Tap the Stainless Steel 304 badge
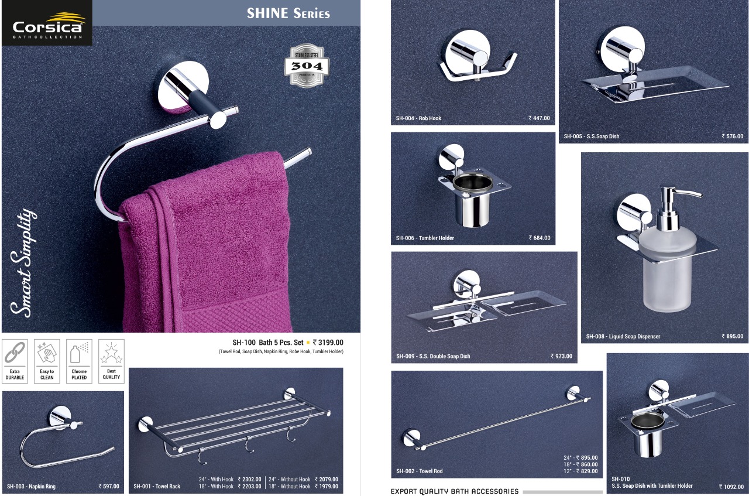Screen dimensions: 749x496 click(307, 65)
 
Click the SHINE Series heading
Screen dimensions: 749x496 click(288, 13)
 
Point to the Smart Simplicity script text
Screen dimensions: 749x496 click(23, 263)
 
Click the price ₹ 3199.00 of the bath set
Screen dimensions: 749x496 click(328, 343)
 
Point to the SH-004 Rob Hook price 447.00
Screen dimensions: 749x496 click(539, 118)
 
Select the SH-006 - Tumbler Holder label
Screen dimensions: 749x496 click(425, 238)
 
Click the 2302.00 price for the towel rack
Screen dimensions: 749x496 click(249, 479)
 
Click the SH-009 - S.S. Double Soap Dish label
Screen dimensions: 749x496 click(433, 356)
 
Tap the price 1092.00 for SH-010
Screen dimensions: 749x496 click(731, 487)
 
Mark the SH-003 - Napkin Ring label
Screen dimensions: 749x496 click(31, 486)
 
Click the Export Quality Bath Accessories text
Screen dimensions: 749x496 click(455, 491)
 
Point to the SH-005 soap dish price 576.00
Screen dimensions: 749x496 click(732, 136)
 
